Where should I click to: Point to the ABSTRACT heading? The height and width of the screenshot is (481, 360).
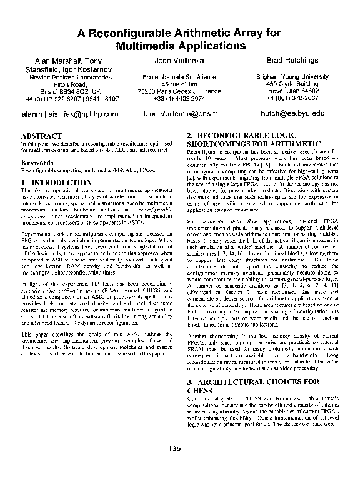click(41, 136)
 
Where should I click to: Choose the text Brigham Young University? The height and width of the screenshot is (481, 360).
click(292, 76)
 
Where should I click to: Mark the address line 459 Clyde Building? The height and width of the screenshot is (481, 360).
click(292, 84)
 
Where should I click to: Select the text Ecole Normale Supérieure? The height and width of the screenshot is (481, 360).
click(179, 76)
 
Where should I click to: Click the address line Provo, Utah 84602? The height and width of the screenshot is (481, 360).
click(292, 91)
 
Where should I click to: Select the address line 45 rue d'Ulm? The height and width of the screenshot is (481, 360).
click(179, 84)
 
